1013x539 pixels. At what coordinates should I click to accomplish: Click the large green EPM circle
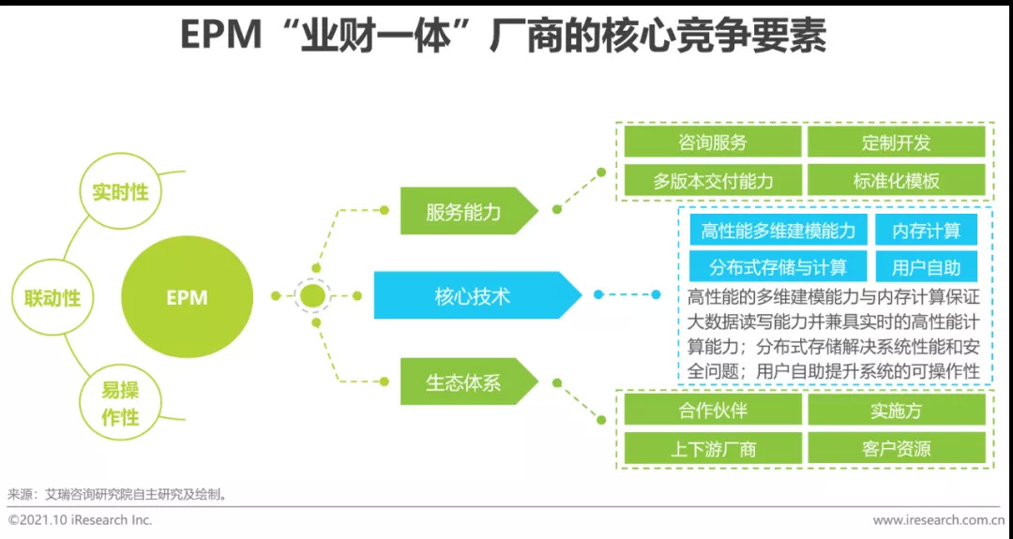tap(187, 298)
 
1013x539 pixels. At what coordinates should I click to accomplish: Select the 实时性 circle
tap(120, 192)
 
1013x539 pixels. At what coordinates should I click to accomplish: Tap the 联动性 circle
tap(53, 298)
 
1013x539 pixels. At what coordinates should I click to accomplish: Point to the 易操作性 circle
tap(120, 404)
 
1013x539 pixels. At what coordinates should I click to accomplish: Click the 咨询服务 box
tap(713, 142)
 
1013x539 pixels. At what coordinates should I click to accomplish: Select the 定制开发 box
tap(896, 142)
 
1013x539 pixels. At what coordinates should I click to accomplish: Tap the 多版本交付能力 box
tap(713, 181)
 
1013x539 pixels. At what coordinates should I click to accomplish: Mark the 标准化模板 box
tap(896, 181)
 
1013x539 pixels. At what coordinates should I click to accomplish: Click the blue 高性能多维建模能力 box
tap(778, 231)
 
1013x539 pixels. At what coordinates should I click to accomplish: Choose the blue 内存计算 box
tap(926, 231)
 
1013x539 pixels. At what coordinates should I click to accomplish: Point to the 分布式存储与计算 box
tap(778, 267)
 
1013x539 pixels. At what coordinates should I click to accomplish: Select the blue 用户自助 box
tap(926, 267)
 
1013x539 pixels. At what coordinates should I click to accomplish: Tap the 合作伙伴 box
tap(713, 410)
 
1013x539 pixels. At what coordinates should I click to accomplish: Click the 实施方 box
tap(896, 410)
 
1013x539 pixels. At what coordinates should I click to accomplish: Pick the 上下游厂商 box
tap(713, 449)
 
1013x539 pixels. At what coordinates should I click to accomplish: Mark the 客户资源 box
tap(896, 449)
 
